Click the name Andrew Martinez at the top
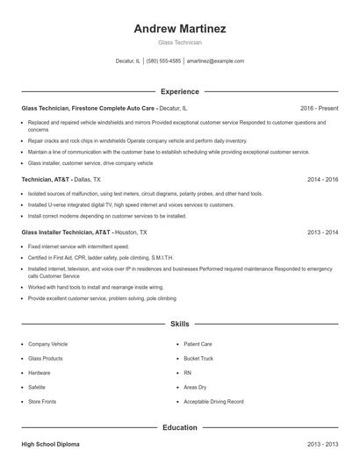coord(179,28)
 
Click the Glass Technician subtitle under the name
coord(179,42)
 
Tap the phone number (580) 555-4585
coord(164,61)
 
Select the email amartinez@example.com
coord(215,61)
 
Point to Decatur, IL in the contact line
coord(127,61)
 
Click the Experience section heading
coord(179,91)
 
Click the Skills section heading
coord(179,324)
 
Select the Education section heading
coord(179,427)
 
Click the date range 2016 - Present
coord(318,108)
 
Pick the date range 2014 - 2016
coord(322,179)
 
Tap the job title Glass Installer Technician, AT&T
coord(67,232)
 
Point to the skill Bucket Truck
coord(199,358)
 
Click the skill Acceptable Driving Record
coord(213,401)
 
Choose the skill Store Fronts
coord(42,401)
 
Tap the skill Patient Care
coord(198,344)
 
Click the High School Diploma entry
coord(50,445)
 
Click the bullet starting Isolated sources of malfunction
coord(114,194)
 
